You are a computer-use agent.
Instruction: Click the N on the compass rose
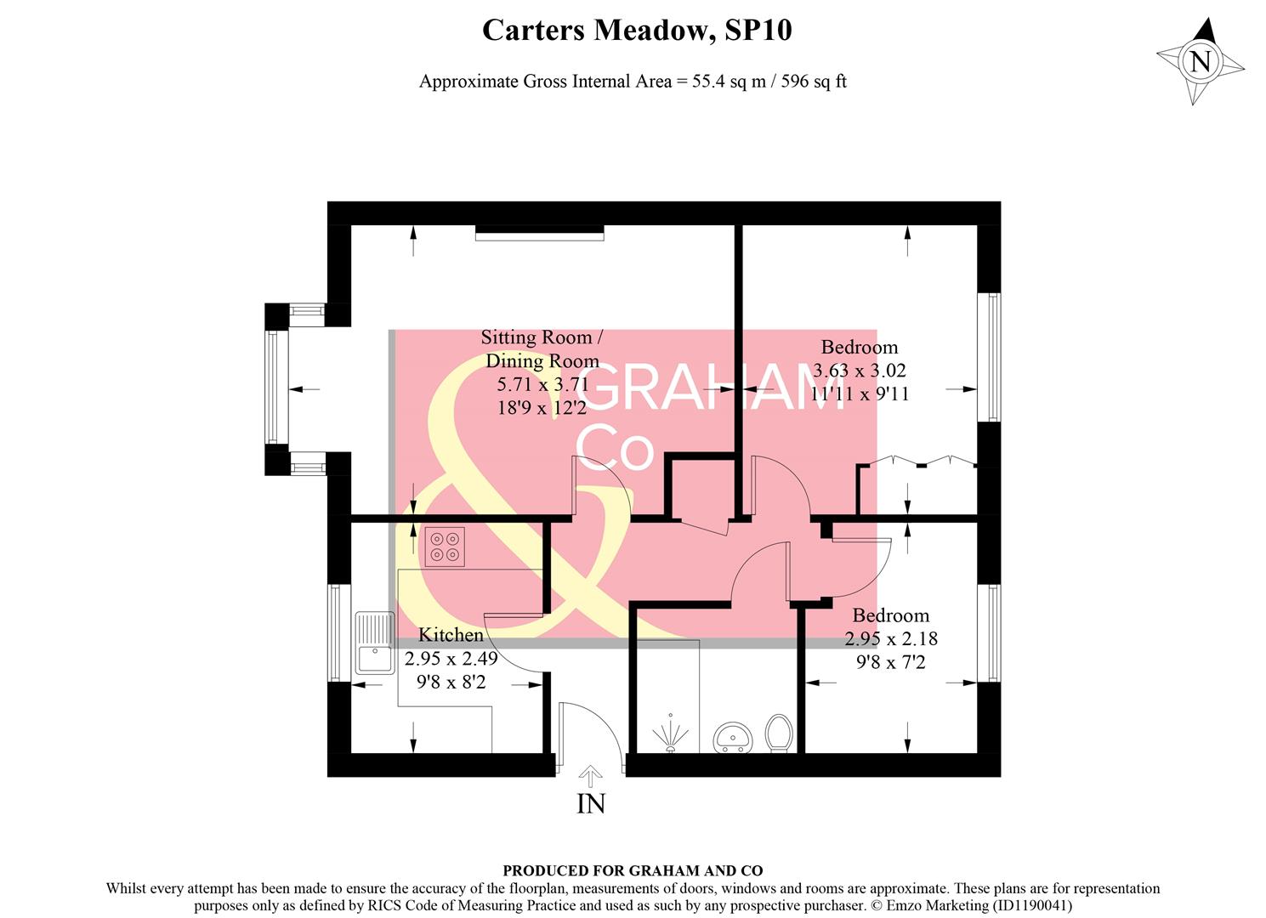click(x=1200, y=61)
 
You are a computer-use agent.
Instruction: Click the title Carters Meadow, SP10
click(x=637, y=31)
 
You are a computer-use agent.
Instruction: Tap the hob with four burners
click(x=446, y=547)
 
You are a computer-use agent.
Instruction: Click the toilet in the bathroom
click(x=779, y=733)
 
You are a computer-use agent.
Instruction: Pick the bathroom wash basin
click(x=732, y=738)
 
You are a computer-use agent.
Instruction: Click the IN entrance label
click(x=591, y=803)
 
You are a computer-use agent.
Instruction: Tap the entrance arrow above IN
click(x=590, y=775)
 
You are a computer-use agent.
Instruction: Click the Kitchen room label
click(x=451, y=635)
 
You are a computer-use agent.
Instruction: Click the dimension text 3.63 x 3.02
click(x=860, y=371)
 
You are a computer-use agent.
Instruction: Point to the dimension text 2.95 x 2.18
click(x=891, y=638)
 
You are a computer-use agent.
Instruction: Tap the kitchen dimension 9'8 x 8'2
click(x=451, y=682)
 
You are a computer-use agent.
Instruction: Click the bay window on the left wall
click(x=273, y=388)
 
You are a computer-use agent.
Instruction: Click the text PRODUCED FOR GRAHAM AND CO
click(x=633, y=870)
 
